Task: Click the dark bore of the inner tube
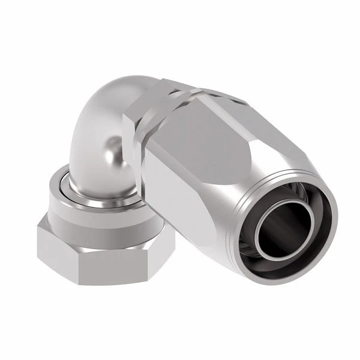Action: (287, 227)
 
